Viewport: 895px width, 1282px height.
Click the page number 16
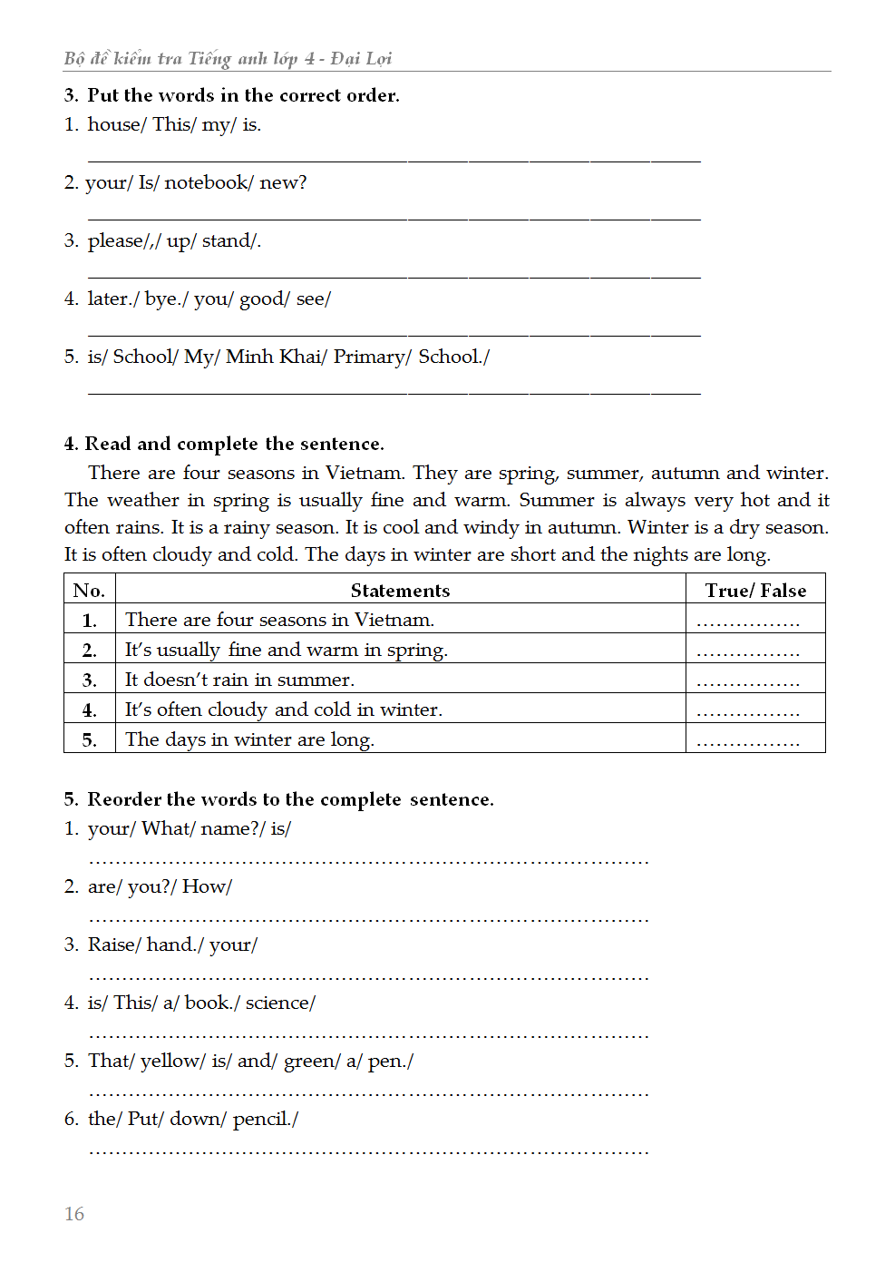[x=74, y=1214]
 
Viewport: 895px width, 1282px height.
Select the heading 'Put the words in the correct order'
[x=243, y=95]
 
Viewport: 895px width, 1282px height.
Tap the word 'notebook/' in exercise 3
[x=209, y=182]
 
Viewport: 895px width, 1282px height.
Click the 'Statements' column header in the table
[x=400, y=591]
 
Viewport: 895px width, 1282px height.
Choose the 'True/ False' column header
[x=755, y=591]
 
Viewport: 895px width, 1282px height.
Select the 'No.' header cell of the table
[x=89, y=591]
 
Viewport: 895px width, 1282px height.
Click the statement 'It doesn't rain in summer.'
[x=239, y=680]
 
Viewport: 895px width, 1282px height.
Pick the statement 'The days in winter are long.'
[x=249, y=739]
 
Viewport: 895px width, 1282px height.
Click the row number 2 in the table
[x=89, y=650]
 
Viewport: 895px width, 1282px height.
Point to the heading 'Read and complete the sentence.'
[x=234, y=444]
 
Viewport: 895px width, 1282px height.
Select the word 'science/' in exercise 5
[x=280, y=1003]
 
